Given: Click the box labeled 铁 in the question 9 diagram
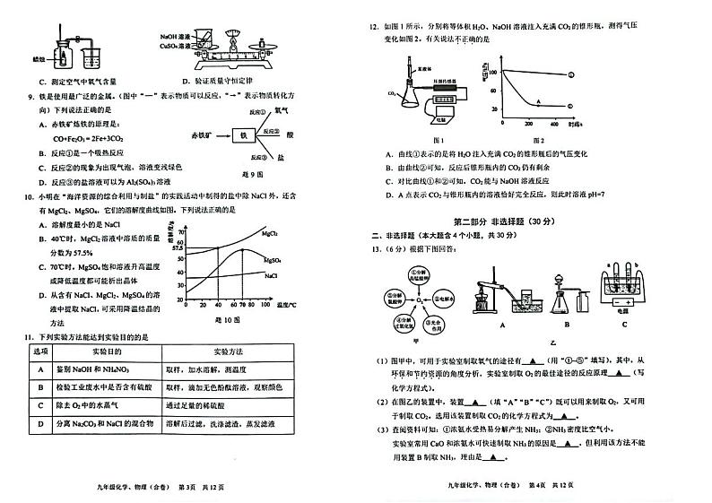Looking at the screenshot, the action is [x=240, y=135].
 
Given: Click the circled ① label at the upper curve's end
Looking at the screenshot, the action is [x=571, y=74].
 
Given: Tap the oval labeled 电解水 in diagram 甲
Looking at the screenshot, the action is [x=438, y=292].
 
